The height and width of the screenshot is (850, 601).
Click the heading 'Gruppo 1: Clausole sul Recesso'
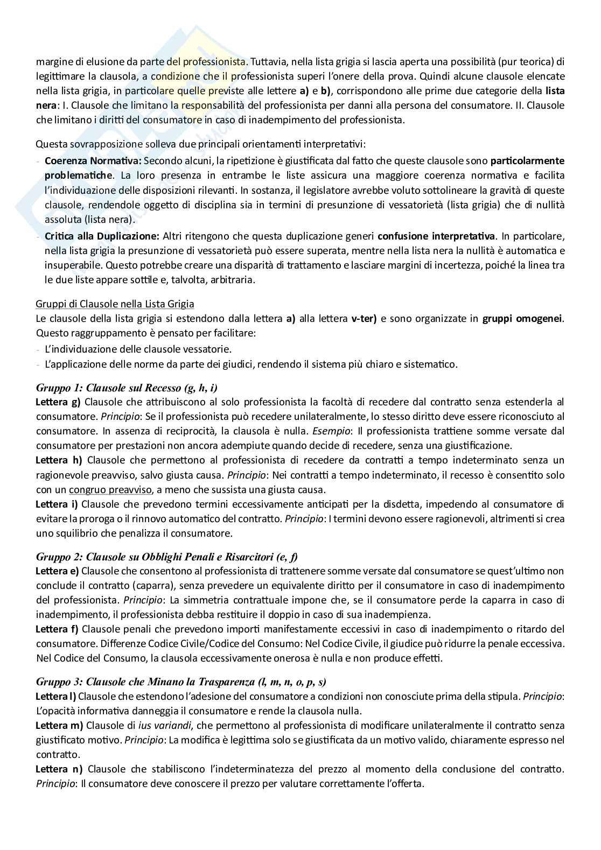pyautogui.click(x=127, y=388)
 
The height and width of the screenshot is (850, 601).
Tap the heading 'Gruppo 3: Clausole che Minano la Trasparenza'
pyautogui.click(x=181, y=683)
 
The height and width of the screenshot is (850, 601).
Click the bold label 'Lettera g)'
pyautogui.click(x=58, y=402)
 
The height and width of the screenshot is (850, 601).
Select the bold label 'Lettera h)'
pyautogui.click(x=59, y=460)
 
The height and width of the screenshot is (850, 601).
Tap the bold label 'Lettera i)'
pyautogui.click(x=57, y=504)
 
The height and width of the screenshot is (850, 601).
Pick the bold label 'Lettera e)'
pyautogui.click(x=58, y=571)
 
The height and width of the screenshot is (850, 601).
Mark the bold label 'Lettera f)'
pyautogui.click(x=57, y=629)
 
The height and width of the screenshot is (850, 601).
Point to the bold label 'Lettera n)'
pyautogui.click(x=59, y=769)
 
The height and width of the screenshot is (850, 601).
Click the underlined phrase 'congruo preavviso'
pyautogui.click(x=110, y=490)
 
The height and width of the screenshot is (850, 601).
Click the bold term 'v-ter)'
pyautogui.click(x=364, y=319)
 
